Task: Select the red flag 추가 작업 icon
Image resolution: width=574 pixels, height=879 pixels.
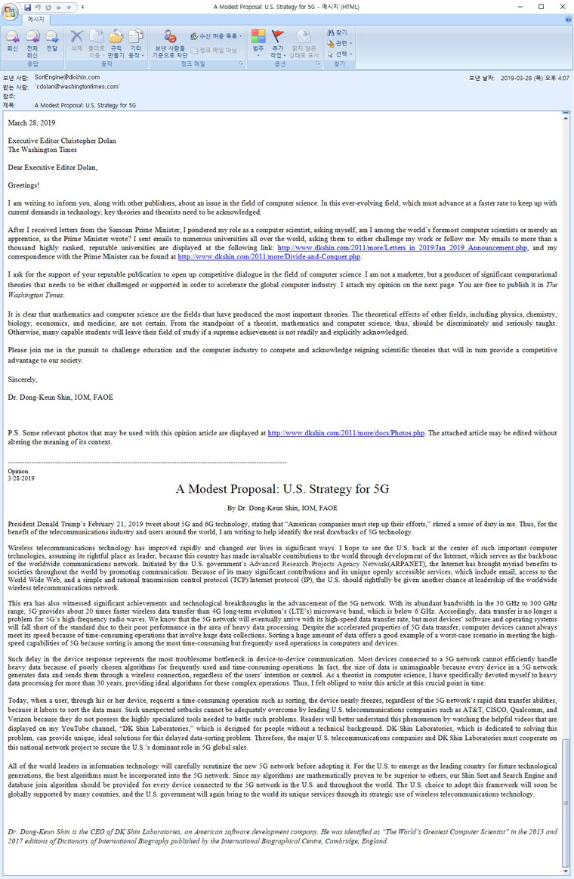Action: coord(277,40)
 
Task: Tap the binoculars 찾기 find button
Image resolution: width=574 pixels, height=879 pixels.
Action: coord(338,33)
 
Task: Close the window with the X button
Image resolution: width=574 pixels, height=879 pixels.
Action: coord(561,7)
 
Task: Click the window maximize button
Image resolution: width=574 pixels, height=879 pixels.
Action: coord(541,7)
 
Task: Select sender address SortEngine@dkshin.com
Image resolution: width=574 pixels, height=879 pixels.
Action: coord(66,77)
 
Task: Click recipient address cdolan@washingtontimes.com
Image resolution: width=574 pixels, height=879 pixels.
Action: coord(78,87)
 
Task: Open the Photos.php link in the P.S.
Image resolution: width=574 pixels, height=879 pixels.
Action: coord(346,433)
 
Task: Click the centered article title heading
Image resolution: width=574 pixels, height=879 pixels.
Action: coord(282,489)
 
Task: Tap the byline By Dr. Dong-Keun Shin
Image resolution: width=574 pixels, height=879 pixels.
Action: coord(282,508)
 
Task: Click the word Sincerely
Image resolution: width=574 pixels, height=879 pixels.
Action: coord(22,379)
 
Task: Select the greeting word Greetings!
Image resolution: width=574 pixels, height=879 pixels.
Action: coord(23,184)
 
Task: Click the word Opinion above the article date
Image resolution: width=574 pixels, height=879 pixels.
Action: coord(17,471)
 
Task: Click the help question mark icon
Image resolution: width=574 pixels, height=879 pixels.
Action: coord(567,19)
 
